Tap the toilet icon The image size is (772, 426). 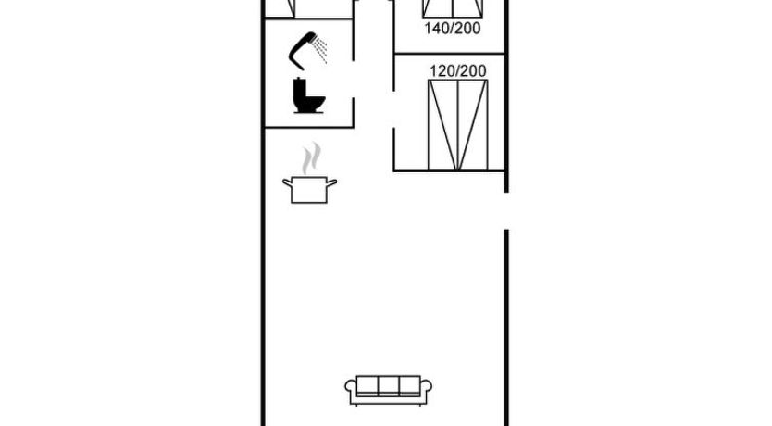308,95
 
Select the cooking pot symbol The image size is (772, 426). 310,190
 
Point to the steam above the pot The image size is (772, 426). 312,157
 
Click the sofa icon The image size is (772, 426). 389,391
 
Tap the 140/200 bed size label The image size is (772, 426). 453,29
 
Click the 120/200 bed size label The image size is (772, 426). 458,71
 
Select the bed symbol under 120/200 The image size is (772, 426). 458,125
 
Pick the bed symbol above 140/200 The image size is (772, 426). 453,8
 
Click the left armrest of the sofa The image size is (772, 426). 351,392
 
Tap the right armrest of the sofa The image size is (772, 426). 427,392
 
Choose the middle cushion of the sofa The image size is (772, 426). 389,385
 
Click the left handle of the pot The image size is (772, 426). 287,183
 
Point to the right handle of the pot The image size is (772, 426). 331,183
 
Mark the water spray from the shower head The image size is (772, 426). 321,50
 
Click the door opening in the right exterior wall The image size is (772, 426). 506,210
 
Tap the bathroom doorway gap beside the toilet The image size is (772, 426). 353,80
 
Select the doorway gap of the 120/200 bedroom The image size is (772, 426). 394,109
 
